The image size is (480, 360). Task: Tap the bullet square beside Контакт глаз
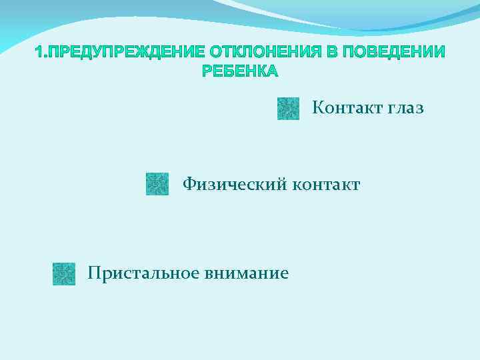[x=288, y=108]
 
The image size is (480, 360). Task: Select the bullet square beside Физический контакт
[x=157, y=184]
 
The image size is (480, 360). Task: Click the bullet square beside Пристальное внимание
[x=64, y=273]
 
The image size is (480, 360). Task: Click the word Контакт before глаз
[x=345, y=107]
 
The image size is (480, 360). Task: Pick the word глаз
[x=403, y=107]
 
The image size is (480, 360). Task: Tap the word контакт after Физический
[x=326, y=184]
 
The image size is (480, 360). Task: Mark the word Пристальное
[x=142, y=273]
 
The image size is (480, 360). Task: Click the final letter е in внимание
[x=285, y=273]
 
